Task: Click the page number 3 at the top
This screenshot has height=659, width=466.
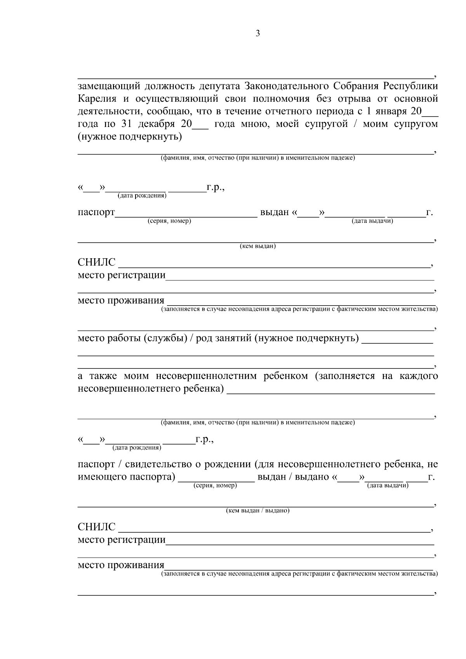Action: point(258,33)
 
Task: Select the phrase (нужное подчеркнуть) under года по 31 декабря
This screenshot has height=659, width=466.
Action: point(130,137)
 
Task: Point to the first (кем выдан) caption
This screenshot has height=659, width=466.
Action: point(258,246)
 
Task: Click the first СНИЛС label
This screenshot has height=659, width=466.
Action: point(96,263)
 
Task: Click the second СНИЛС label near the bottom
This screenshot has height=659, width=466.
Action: point(96,527)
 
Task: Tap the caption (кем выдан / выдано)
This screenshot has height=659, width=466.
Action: point(258,511)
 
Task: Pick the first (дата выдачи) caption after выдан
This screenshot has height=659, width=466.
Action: point(372,221)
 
